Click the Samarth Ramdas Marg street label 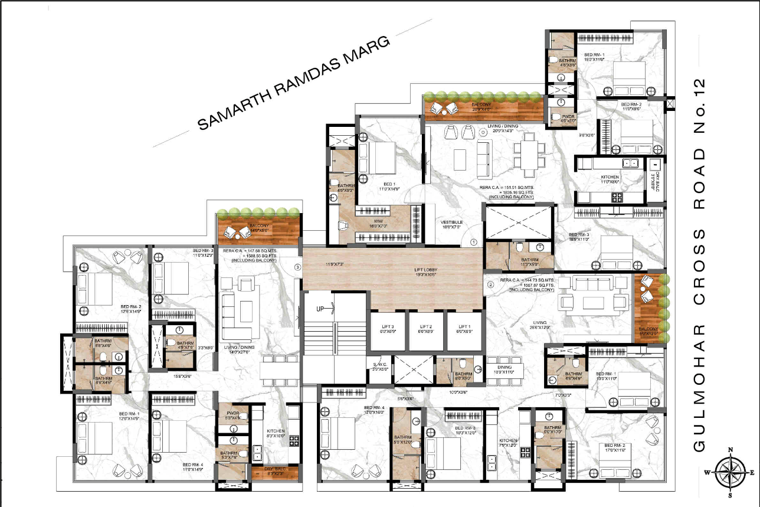293,83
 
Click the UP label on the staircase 320,308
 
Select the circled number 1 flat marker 473,241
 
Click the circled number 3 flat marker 297,267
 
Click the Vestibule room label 452,224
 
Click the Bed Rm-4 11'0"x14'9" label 195,467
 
